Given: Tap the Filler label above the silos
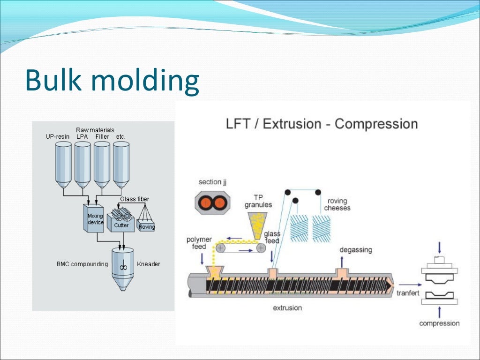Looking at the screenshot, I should (x=102, y=136).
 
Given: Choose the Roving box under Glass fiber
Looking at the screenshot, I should (x=147, y=226).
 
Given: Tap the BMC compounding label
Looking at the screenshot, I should (x=82, y=264).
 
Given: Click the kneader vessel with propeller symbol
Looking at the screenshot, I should (x=123, y=267).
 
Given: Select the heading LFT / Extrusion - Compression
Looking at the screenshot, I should (x=322, y=124).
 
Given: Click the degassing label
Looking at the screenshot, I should (x=356, y=250).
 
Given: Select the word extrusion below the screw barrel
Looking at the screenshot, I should (x=287, y=308).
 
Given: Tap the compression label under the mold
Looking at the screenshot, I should (x=439, y=323).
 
